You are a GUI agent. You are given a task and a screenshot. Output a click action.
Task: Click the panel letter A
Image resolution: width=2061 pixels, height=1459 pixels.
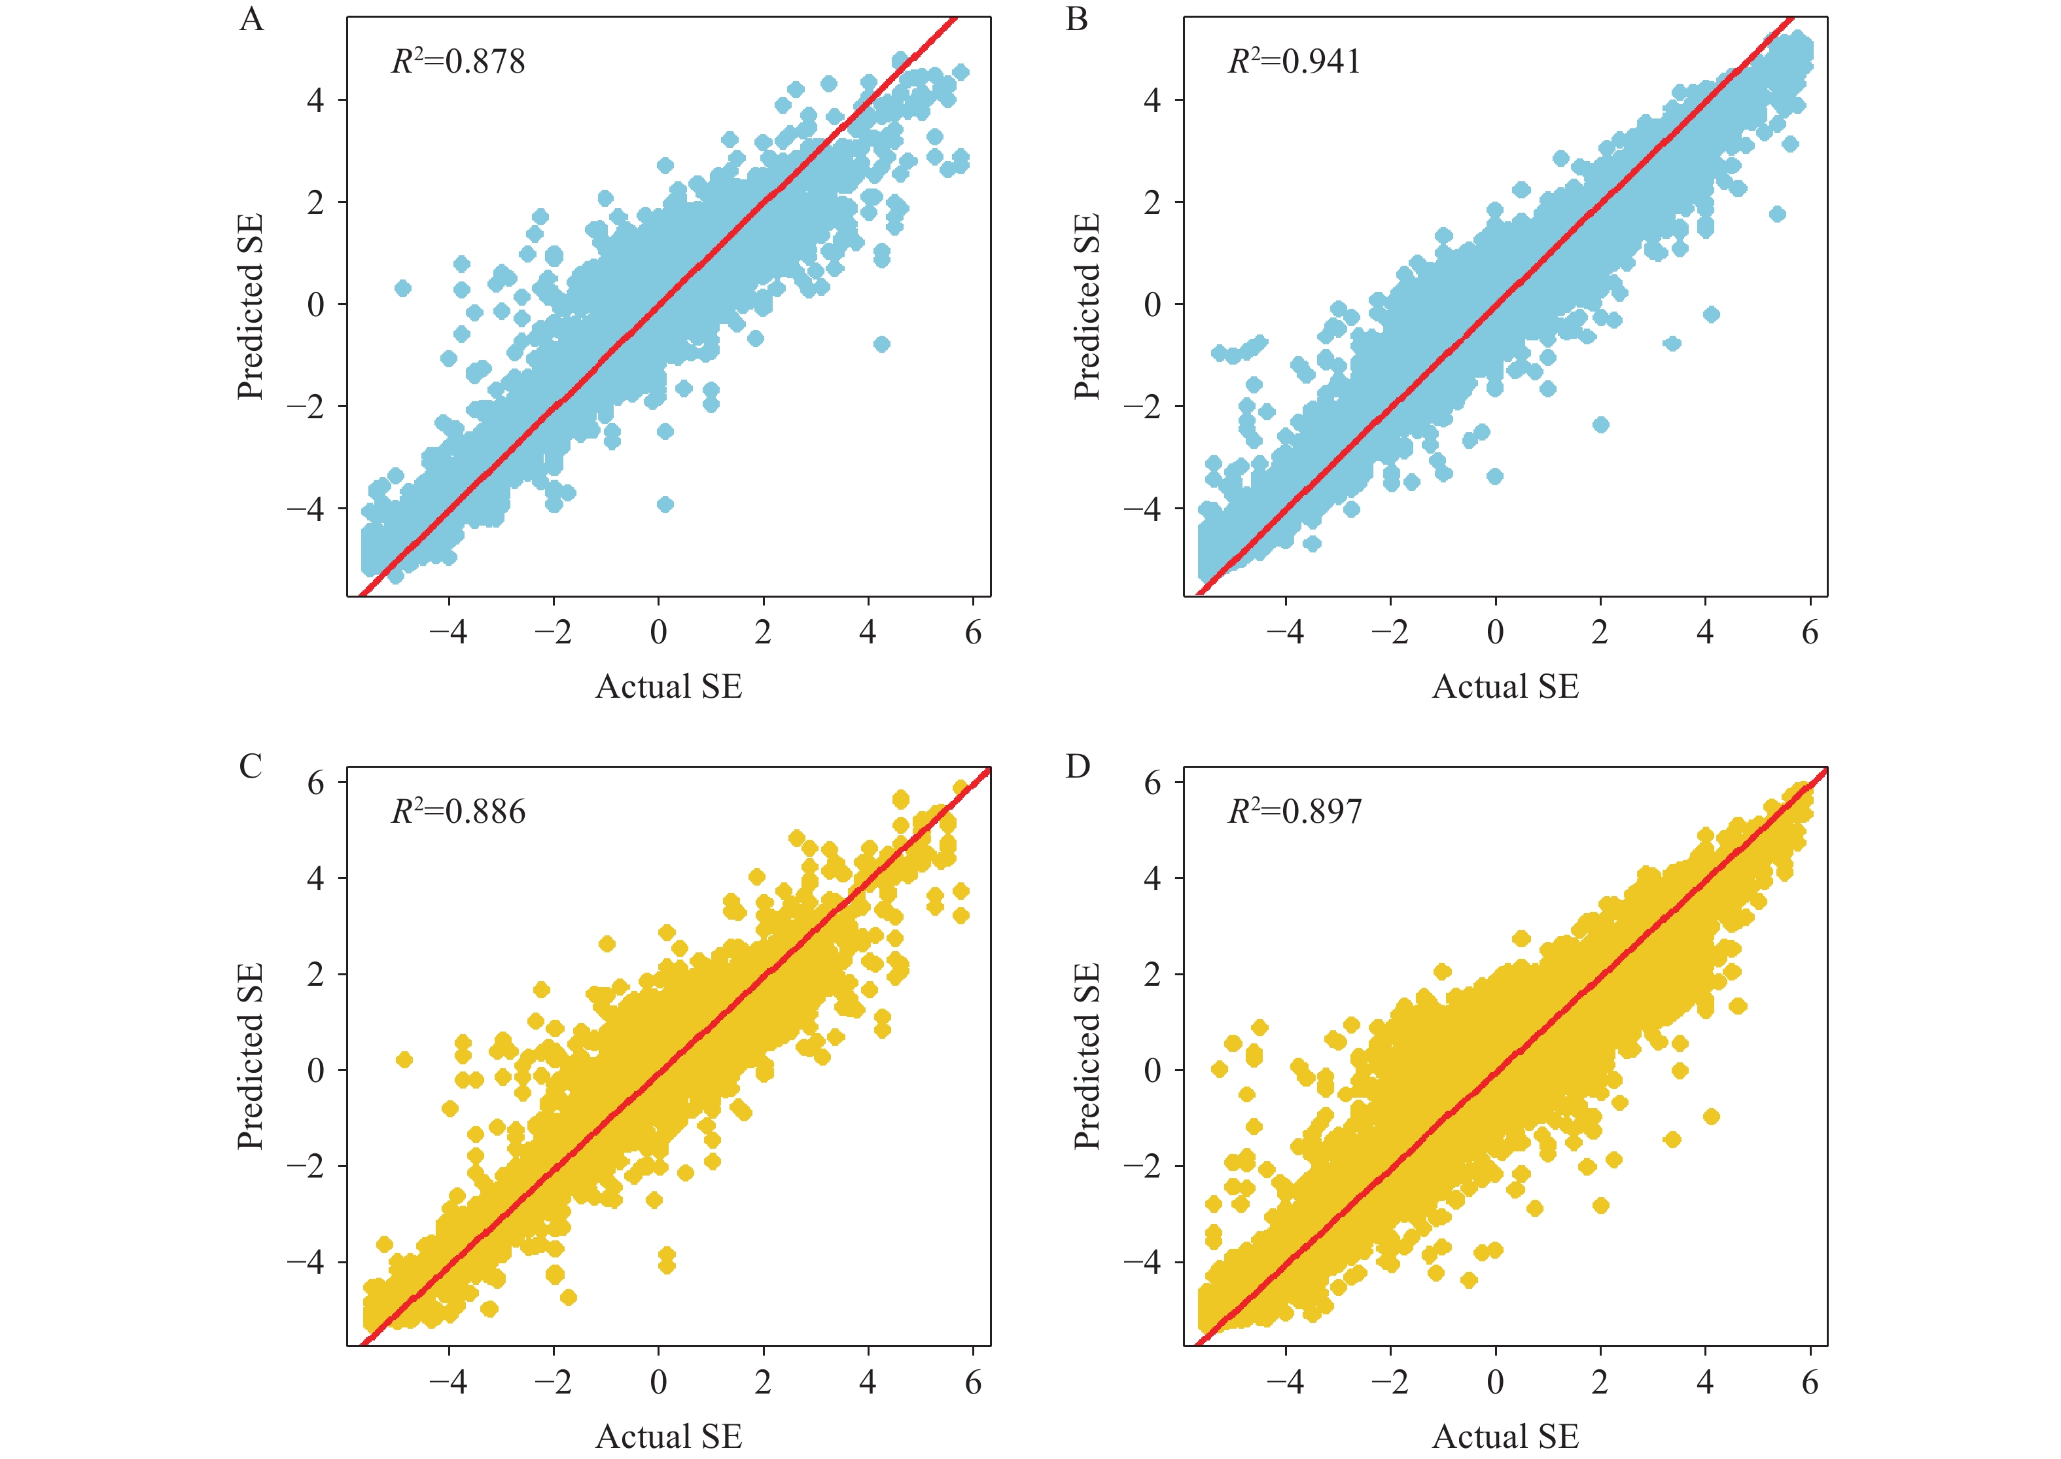(x=251, y=20)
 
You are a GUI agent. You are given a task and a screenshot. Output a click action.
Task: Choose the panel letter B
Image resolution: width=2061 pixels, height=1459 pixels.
(x=1077, y=20)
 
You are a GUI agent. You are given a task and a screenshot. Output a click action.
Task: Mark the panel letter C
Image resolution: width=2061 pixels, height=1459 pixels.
(x=251, y=766)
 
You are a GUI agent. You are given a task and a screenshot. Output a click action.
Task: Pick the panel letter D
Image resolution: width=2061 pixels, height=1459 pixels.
(x=1078, y=766)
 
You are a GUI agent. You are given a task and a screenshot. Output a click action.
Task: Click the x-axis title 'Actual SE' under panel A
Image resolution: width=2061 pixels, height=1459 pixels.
(x=669, y=687)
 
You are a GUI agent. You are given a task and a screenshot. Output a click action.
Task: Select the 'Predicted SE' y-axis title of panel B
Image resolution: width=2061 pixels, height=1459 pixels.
(x=1087, y=306)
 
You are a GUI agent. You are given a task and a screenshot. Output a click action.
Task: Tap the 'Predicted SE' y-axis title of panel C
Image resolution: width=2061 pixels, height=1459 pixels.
(x=251, y=1056)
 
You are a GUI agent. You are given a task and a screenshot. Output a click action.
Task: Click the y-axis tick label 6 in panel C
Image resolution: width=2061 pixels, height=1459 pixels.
(x=315, y=782)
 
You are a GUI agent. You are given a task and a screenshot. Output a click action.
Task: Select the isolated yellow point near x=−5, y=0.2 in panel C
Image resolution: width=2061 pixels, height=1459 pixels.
(x=404, y=1060)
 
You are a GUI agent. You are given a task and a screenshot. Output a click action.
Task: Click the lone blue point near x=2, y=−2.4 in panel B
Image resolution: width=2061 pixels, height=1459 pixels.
(x=1600, y=425)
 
